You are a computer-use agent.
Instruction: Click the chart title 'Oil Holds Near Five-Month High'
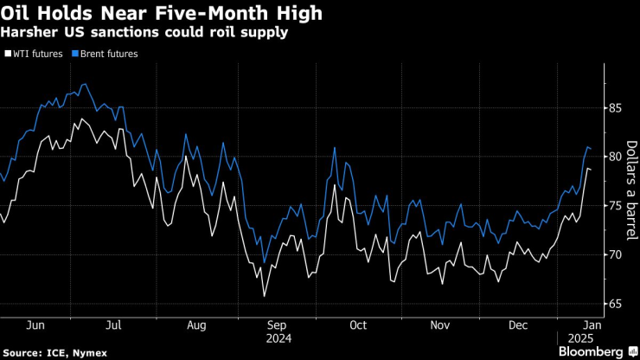click(163, 13)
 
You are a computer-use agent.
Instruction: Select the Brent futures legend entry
click(106, 53)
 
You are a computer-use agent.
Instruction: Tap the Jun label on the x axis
click(36, 325)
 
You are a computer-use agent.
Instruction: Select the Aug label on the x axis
click(196, 325)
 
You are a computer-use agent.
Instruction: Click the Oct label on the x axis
click(358, 325)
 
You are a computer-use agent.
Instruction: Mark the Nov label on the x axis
click(440, 325)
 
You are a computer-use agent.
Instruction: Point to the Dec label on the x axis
click(519, 325)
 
